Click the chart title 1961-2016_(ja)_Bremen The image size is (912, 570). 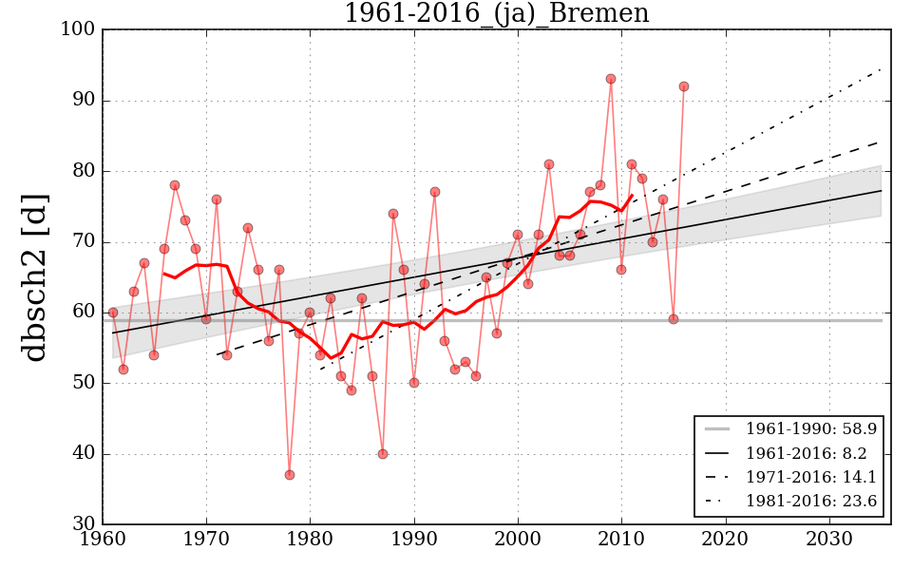pyautogui.click(x=496, y=14)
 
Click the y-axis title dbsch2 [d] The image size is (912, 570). pyautogui.click(x=35, y=276)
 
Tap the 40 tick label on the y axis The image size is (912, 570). pyautogui.click(x=83, y=454)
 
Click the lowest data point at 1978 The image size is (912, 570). pyautogui.click(x=290, y=475)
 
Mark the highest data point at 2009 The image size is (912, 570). pyautogui.click(x=611, y=79)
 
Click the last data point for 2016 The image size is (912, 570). pyautogui.click(x=684, y=86)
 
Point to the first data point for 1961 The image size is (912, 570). pyautogui.click(x=113, y=313)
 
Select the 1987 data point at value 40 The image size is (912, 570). pyautogui.click(x=383, y=454)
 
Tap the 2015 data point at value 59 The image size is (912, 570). pyautogui.click(x=674, y=319)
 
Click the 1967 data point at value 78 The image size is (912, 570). pyautogui.click(x=175, y=185)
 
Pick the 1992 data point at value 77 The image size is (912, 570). pyautogui.click(x=435, y=192)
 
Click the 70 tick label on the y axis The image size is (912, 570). pyautogui.click(x=83, y=242)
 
